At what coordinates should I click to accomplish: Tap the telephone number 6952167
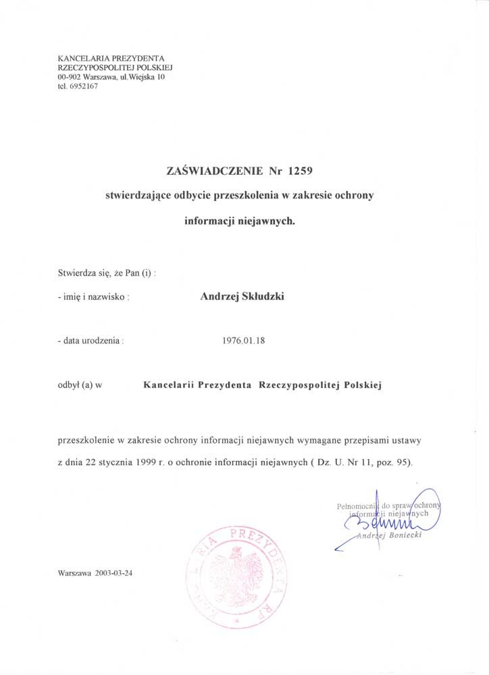tap(84, 87)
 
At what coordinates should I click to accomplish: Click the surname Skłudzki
tap(259, 295)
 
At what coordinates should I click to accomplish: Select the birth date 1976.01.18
tap(244, 341)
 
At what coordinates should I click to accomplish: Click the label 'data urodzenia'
tap(93, 342)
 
